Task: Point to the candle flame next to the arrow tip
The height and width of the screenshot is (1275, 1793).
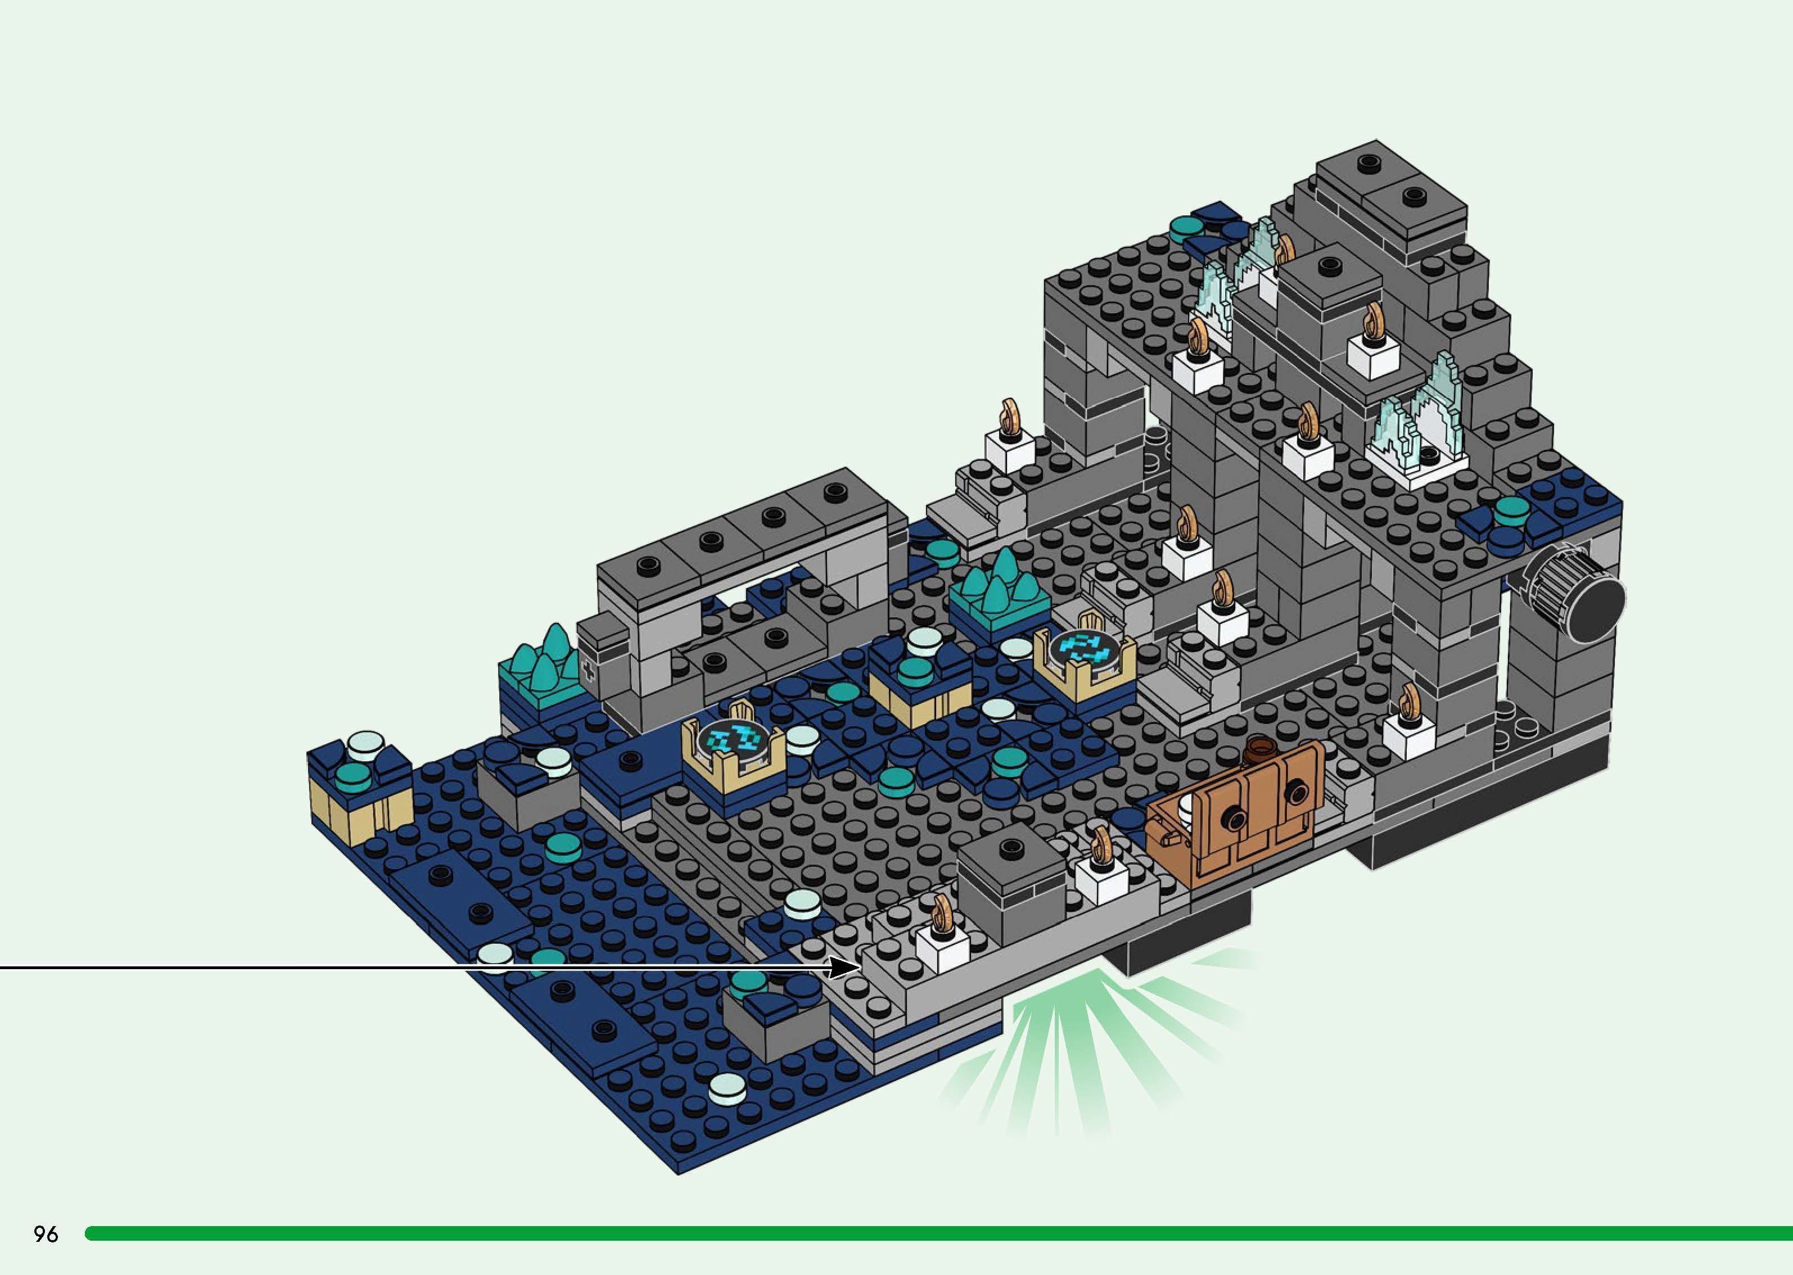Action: tap(941, 912)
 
